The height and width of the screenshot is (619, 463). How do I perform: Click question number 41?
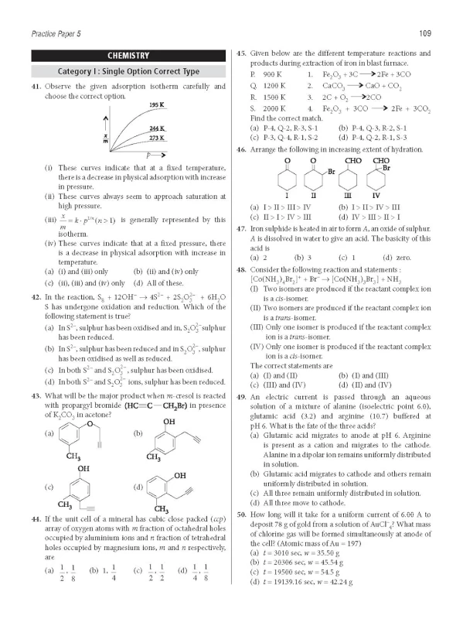point(37,86)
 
